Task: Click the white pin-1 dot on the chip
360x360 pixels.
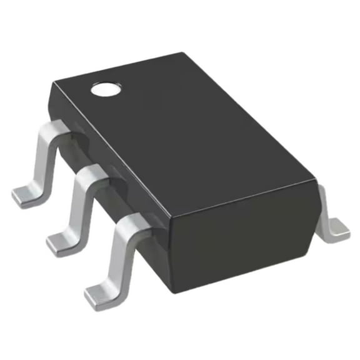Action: pos(104,89)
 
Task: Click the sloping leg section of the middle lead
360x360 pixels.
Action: pos(81,206)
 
